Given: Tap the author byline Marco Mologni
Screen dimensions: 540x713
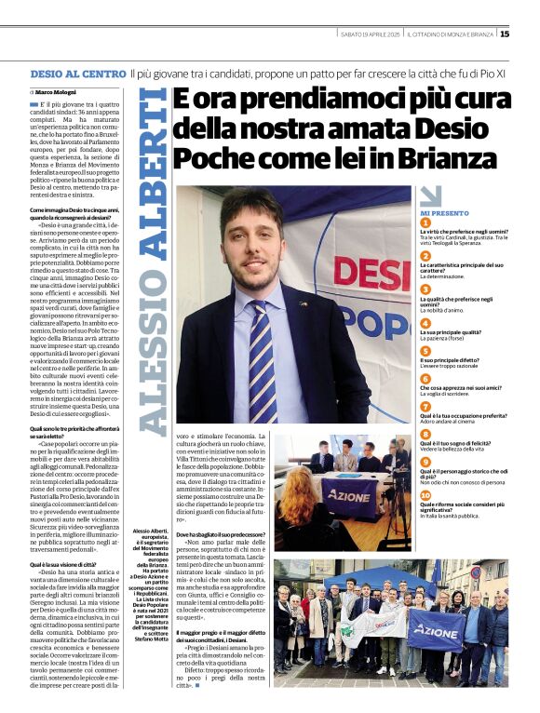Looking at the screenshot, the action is pos(57,92).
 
